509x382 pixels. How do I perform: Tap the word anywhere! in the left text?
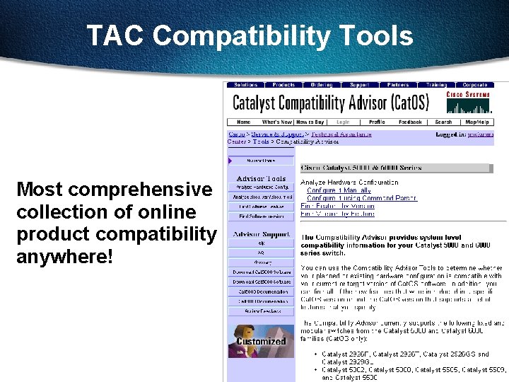point(64,255)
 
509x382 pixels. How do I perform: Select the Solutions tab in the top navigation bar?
point(246,85)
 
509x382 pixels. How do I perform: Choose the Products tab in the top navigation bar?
point(283,85)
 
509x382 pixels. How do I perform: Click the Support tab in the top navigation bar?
point(359,85)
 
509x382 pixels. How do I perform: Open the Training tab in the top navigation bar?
point(436,85)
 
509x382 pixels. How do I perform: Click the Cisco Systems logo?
point(467,101)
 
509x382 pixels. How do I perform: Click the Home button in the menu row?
point(242,122)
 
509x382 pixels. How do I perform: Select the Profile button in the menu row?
point(377,122)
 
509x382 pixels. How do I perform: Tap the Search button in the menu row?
point(443,122)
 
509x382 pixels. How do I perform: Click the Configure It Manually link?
point(339,190)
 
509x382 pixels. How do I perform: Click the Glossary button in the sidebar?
point(261,261)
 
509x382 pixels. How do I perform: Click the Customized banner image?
point(261,341)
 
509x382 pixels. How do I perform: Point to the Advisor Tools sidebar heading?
point(261,179)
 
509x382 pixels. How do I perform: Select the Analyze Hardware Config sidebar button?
point(261,187)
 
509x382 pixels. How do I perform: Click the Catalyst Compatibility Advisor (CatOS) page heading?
point(331,103)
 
